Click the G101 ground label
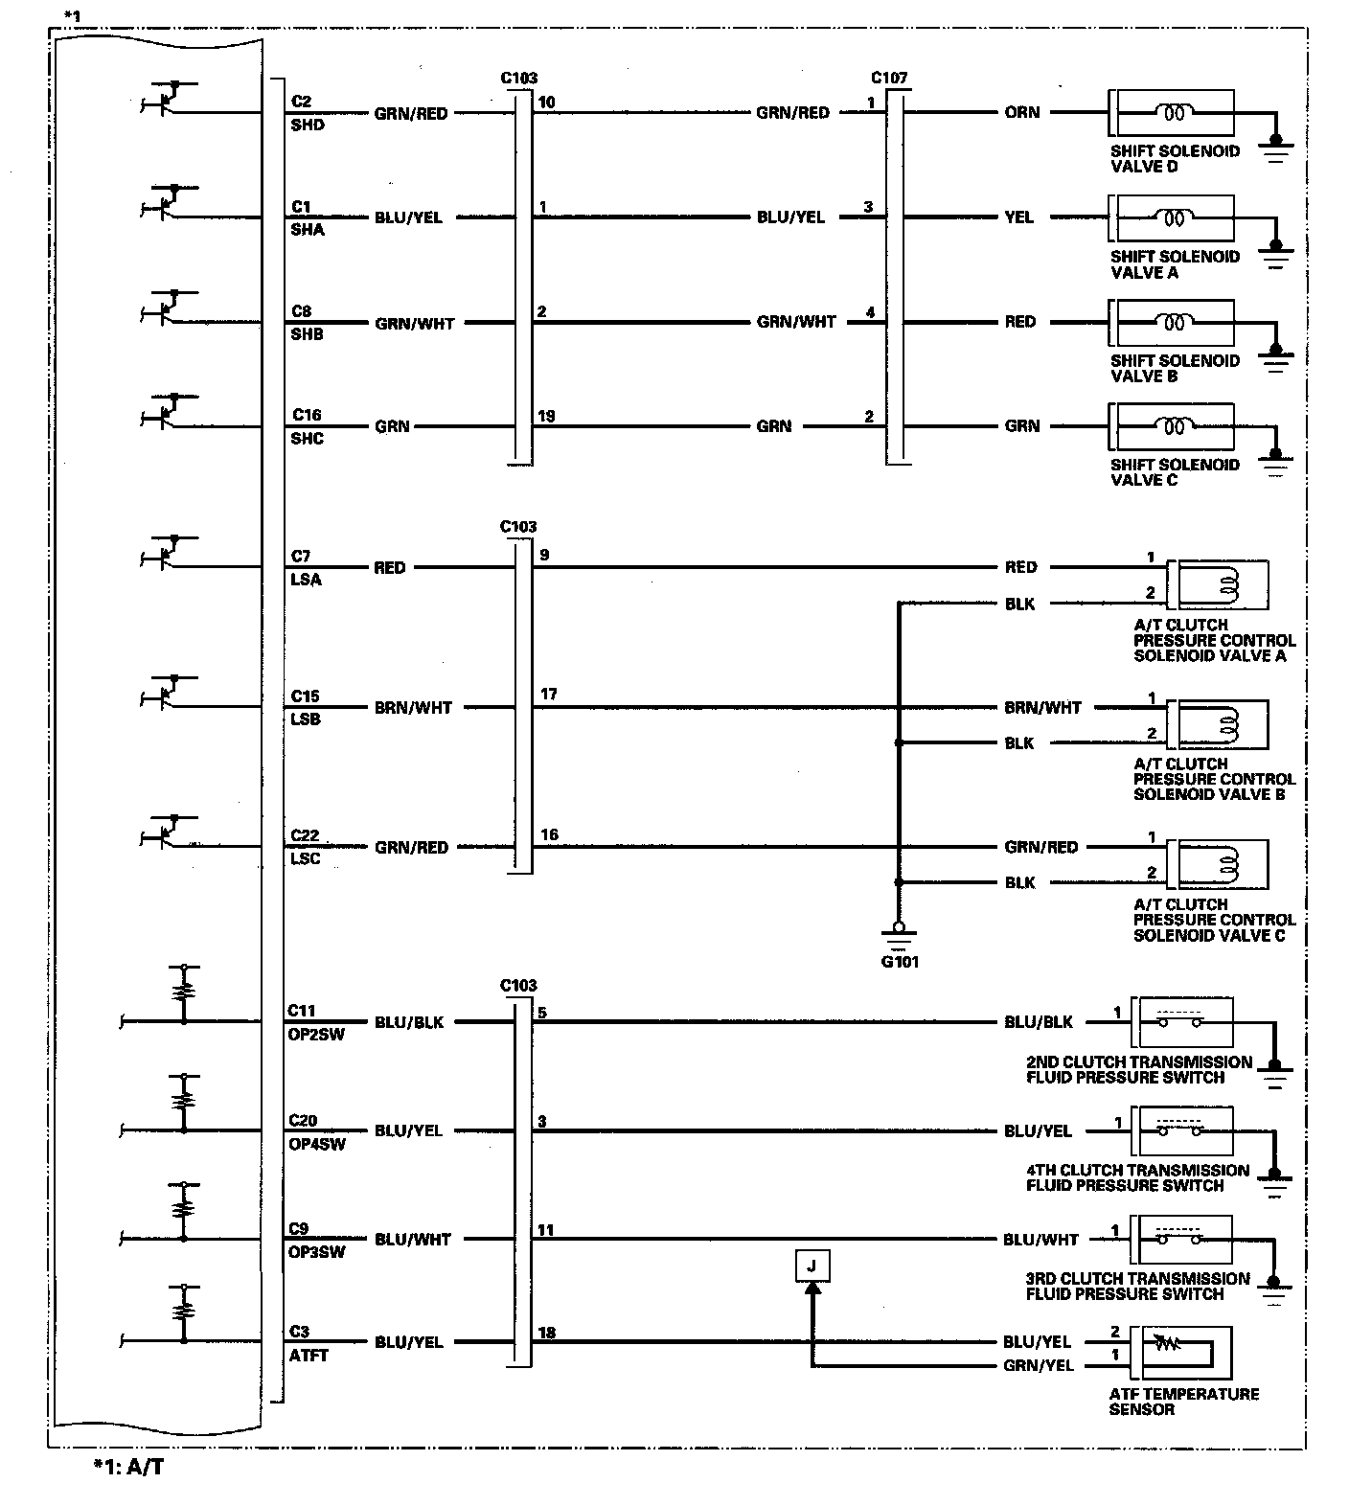click(x=899, y=961)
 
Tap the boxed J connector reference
click(x=812, y=1266)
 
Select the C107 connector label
click(x=889, y=78)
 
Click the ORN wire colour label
click(x=1022, y=112)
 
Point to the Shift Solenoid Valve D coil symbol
click(x=1174, y=113)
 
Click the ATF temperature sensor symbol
click(x=1179, y=1351)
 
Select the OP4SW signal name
click(x=316, y=1144)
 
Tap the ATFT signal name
click(x=309, y=1355)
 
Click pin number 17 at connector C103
click(x=548, y=695)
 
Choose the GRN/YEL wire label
click(x=1039, y=1365)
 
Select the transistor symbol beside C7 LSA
click(x=171, y=555)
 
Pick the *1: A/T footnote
click(x=128, y=1467)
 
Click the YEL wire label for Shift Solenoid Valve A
click(x=1019, y=217)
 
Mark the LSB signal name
click(x=306, y=719)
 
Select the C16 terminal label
click(x=307, y=415)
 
